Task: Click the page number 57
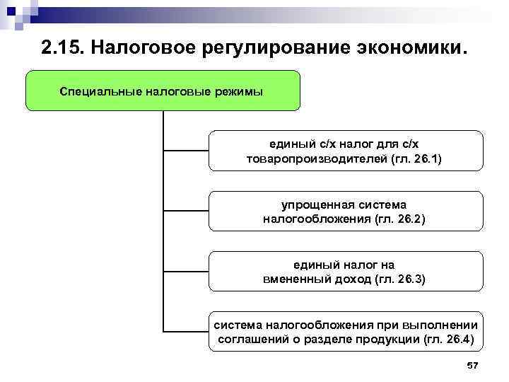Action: [x=473, y=365]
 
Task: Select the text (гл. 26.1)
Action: [x=416, y=159]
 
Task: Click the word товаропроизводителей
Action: [x=317, y=159]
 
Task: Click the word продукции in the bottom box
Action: [x=375, y=340]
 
